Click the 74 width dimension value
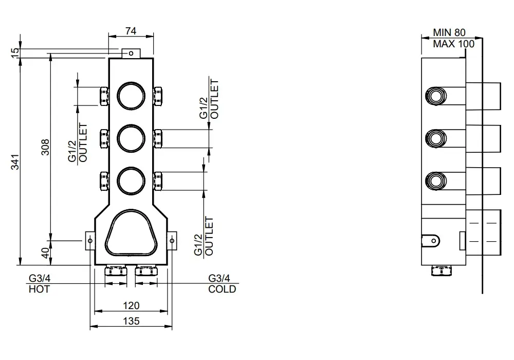[131, 31]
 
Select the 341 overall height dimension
[15, 162]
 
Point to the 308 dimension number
[45, 147]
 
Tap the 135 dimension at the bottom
[131, 321]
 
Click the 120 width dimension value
[131, 305]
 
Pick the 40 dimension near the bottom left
[46, 253]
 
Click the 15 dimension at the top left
[15, 53]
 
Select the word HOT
[39, 289]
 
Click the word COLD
[222, 289]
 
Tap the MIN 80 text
[449, 32]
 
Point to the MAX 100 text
[453, 44]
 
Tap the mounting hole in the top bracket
[131, 53]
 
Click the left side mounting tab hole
[90, 241]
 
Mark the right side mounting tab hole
[172, 241]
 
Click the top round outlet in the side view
[436, 96]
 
